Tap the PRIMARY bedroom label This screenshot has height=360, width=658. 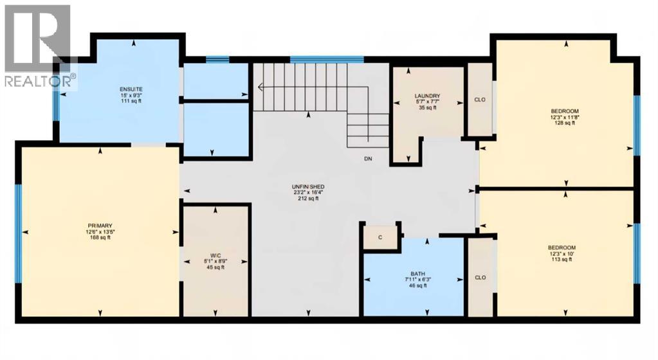click(100, 226)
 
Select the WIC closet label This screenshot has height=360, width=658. click(215, 255)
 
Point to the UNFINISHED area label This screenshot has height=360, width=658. click(308, 186)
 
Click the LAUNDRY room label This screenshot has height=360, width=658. click(426, 96)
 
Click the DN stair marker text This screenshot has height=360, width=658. click(367, 159)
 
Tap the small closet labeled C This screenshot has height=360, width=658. click(380, 237)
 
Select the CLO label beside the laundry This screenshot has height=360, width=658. click(479, 100)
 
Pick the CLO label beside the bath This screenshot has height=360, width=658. click(479, 278)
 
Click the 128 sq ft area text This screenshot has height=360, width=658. click(562, 123)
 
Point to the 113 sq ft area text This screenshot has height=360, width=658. click(562, 260)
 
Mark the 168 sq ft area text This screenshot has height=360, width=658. click(100, 238)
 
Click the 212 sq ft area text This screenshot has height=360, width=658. click(308, 199)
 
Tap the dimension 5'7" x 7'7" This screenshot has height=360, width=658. click(426, 102)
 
